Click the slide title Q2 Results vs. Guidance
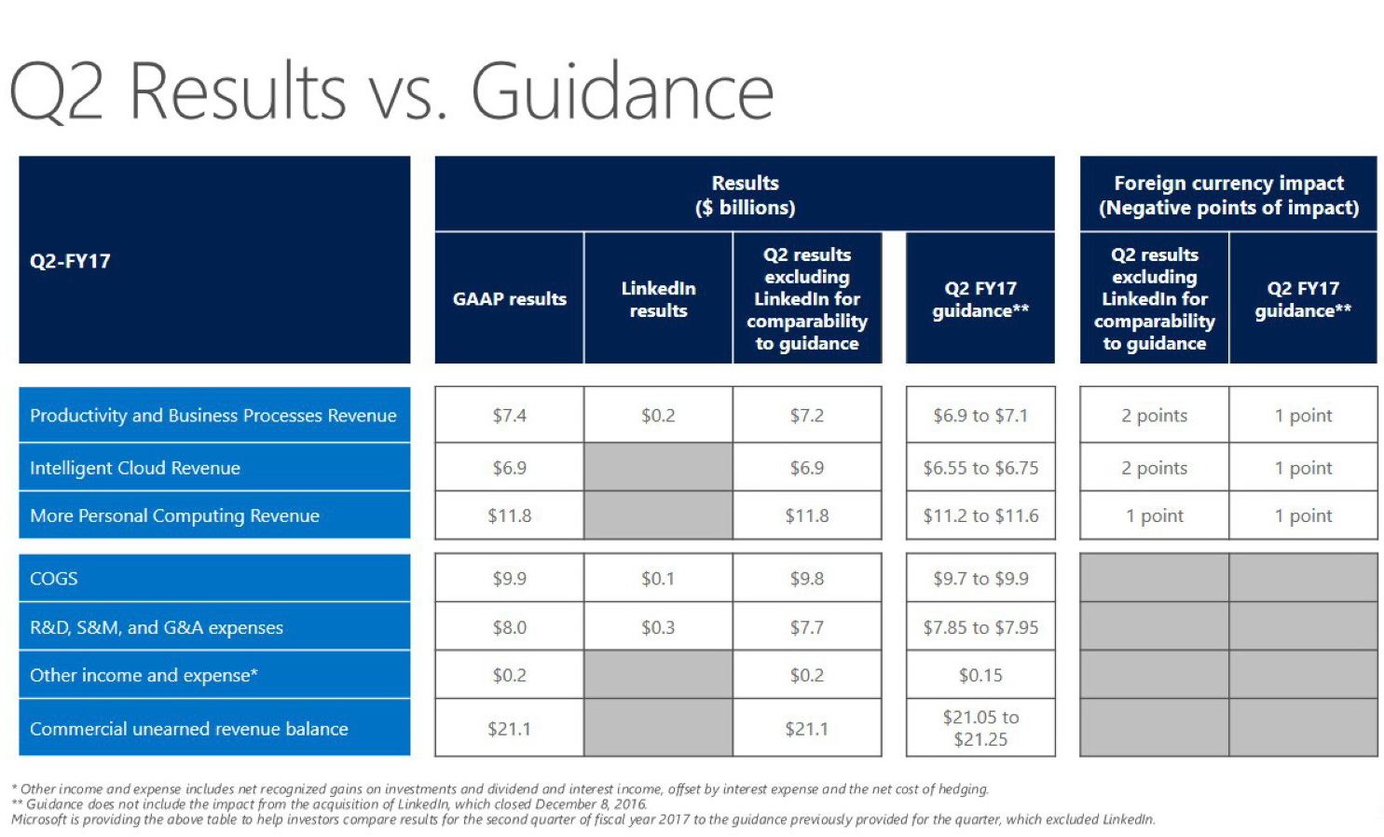[x=391, y=91]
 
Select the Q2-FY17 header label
[x=70, y=261]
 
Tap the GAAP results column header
[x=509, y=299]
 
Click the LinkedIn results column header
[x=658, y=299]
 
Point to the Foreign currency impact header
[x=1228, y=195]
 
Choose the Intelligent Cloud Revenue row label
[x=135, y=468]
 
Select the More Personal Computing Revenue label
[x=174, y=515]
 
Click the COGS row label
[x=54, y=579]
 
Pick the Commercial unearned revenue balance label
[x=189, y=729]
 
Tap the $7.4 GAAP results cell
[x=509, y=416]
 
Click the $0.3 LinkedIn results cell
[x=658, y=627]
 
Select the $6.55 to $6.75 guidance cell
[x=980, y=468]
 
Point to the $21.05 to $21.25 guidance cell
[x=980, y=728]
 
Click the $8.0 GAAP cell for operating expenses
[x=509, y=627]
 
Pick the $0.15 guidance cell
[x=980, y=675]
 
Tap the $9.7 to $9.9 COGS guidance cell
[x=980, y=579]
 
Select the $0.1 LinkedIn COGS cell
[x=658, y=579]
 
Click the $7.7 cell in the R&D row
[x=807, y=627]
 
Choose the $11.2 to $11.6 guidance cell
[x=980, y=515]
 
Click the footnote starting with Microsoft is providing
[x=582, y=819]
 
